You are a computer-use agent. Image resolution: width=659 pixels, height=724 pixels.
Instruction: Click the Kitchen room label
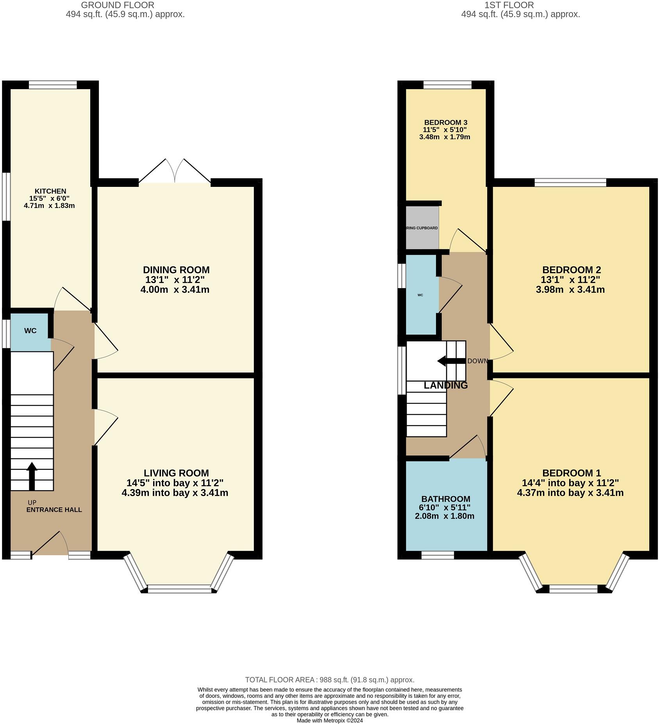tap(50, 191)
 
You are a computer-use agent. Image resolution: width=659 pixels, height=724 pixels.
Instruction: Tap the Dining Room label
tap(176, 270)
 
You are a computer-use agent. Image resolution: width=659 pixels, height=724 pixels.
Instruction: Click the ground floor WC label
tap(30, 331)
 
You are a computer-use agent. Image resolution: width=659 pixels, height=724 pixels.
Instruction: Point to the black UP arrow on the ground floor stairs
tap(32, 476)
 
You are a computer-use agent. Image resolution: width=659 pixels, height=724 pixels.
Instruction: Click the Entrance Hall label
tap(54, 510)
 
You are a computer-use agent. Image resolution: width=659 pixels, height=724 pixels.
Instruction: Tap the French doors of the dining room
tap(175, 171)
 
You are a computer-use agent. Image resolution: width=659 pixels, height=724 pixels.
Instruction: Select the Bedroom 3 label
tap(446, 123)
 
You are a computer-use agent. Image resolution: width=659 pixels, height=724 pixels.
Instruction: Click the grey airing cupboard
tap(422, 228)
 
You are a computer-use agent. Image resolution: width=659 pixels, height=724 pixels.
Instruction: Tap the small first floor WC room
tap(421, 295)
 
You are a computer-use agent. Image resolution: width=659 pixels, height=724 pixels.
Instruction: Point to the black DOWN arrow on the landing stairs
tap(452, 361)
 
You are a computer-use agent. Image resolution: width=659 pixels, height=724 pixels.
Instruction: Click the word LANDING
tap(446, 385)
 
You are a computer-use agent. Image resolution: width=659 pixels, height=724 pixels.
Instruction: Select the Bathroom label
tap(446, 499)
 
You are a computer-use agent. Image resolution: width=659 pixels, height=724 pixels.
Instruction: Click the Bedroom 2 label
tap(571, 270)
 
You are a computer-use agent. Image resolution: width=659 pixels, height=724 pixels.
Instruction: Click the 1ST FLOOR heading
tap(509, 5)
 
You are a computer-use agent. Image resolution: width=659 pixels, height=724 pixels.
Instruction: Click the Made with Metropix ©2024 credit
tap(330, 720)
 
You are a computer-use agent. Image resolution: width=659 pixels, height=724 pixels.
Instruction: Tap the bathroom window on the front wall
tap(438, 555)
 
